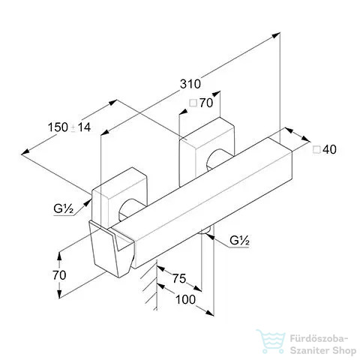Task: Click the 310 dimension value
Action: pos(190,84)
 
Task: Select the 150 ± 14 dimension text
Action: pos(69,127)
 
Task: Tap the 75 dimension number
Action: pos(179,278)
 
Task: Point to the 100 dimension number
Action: pos(185,299)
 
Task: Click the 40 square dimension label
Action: pos(325,149)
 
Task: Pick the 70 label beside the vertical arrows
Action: pos(59,275)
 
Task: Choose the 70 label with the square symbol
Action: pos(201,103)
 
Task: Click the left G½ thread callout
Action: pos(64,208)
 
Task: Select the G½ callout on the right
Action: pos(239,241)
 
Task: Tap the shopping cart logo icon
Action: pos(271,341)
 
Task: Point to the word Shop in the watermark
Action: pos(344,351)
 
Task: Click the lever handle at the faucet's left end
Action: pos(111,250)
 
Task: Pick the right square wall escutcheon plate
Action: pos(206,150)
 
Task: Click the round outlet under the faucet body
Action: pos(205,230)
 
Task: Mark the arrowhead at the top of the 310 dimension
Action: pos(276,35)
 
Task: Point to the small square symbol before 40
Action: pos(316,150)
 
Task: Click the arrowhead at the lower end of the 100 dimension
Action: pos(210,313)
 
